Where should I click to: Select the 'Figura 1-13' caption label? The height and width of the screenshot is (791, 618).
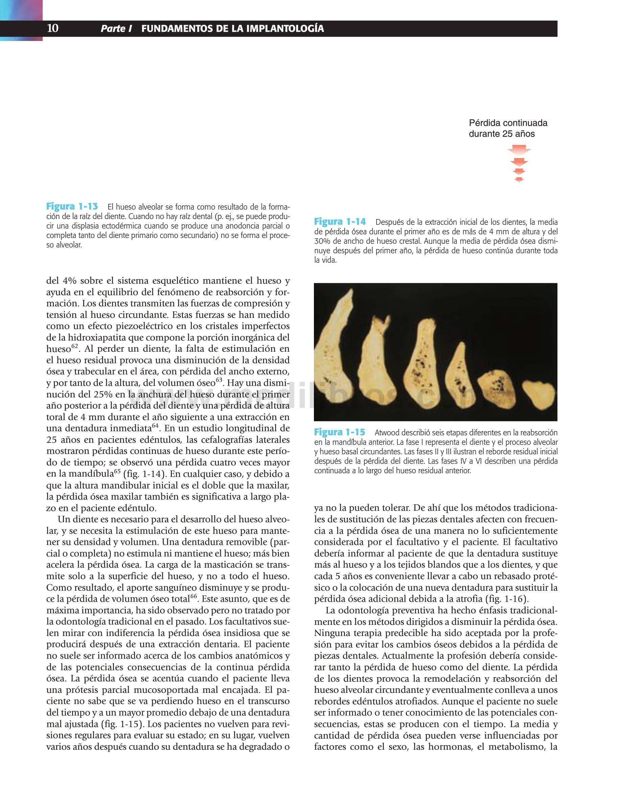[x=72, y=207]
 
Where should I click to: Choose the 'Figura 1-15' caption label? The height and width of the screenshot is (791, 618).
[x=340, y=432]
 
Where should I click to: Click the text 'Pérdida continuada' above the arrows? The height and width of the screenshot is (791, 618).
[x=508, y=123]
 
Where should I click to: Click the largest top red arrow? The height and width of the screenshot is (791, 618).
[x=519, y=150]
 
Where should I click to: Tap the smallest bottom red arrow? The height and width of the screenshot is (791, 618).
[x=519, y=179]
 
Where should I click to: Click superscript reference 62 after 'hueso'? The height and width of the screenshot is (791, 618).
[x=74, y=347]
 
